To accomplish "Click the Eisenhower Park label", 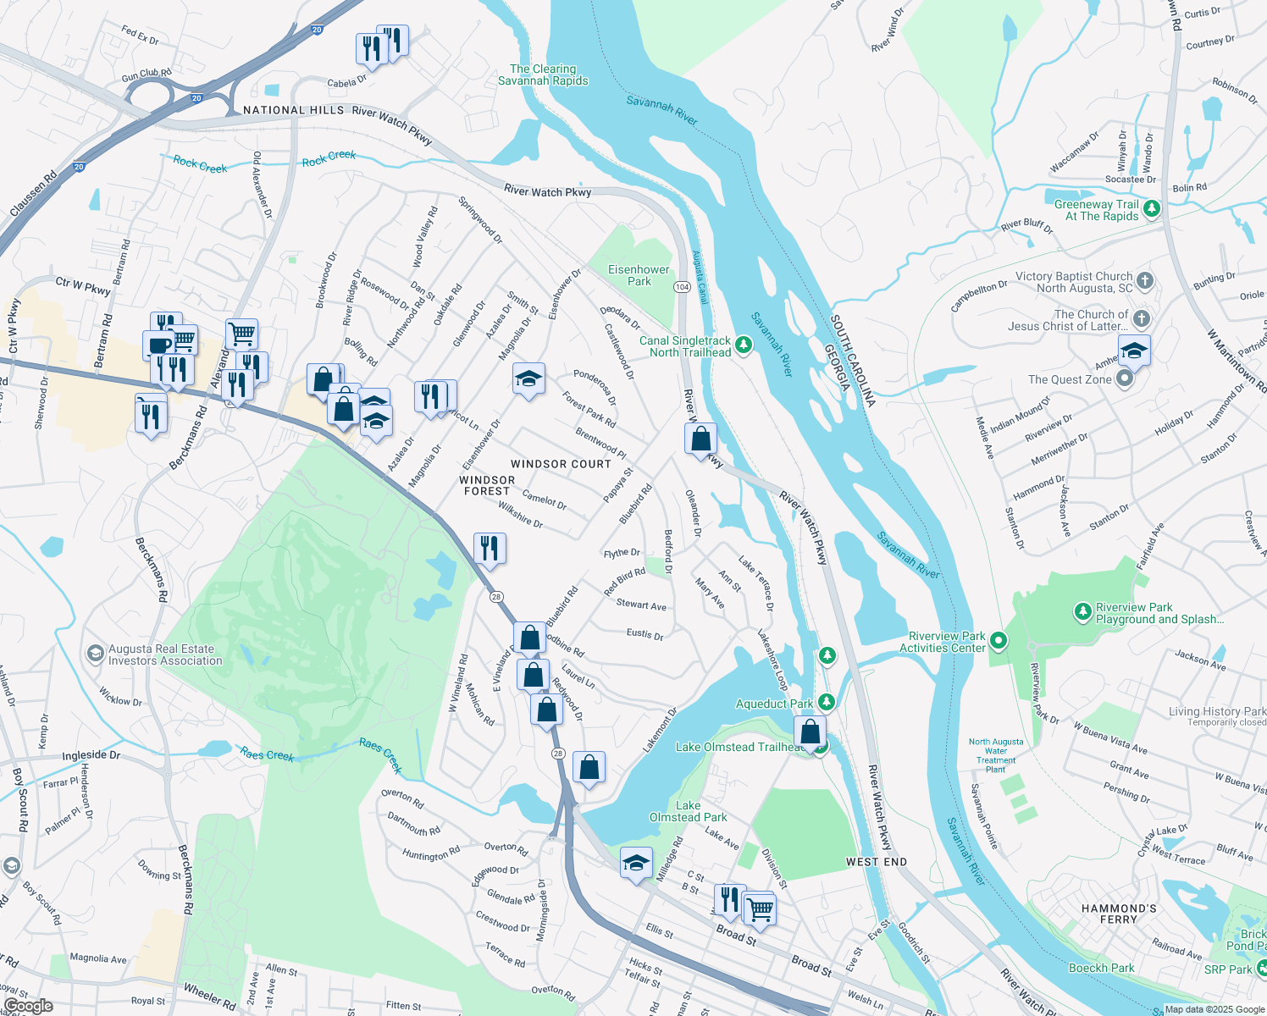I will [639, 275].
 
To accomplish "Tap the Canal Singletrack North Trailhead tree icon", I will [743, 344].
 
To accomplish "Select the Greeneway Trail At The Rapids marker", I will [1151, 208].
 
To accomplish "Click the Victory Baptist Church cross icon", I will [1144, 280].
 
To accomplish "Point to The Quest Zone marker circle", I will [1125, 378].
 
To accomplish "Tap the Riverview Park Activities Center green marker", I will [999, 641].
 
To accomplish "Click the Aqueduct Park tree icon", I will [827, 702].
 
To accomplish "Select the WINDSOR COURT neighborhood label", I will [561, 464].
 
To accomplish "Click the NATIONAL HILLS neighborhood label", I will [293, 110].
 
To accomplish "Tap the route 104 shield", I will [682, 287].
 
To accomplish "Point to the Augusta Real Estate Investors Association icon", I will [96, 654].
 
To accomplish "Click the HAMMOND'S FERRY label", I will [1119, 914].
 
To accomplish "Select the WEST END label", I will [876, 862].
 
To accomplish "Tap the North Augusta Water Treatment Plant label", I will [996, 755].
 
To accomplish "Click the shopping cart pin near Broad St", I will [760, 909].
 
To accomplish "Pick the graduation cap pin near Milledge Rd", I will [636, 863].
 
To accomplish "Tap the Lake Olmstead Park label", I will [688, 811].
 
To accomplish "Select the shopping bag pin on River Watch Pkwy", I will [700, 439].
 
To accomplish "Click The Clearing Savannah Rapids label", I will [543, 75].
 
